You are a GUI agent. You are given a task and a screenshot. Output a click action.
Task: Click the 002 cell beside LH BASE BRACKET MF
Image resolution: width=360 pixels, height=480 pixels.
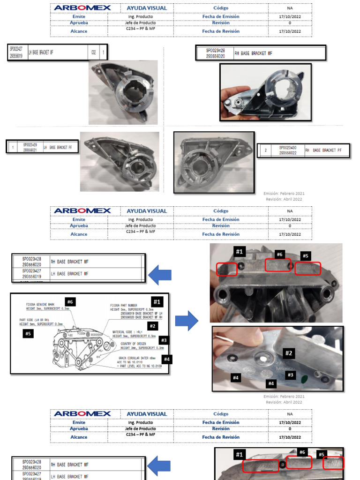click(x=94, y=52)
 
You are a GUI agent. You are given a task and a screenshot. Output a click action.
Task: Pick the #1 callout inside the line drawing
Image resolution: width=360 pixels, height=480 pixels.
click(x=157, y=301)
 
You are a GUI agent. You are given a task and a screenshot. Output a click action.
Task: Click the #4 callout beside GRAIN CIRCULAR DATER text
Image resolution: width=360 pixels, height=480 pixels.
click(x=167, y=360)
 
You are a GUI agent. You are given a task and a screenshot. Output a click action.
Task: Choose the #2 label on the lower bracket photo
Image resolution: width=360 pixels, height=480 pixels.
click(x=289, y=353)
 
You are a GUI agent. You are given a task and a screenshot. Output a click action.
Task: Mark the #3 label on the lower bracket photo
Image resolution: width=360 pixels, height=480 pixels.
click(x=290, y=375)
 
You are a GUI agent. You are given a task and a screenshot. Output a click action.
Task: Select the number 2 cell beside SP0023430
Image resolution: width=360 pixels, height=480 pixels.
click(x=266, y=150)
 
